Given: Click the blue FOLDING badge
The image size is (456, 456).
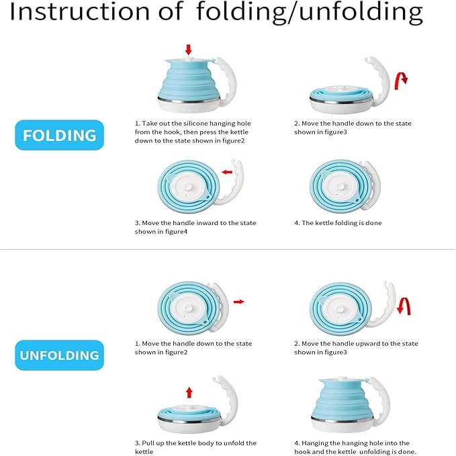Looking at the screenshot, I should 59,135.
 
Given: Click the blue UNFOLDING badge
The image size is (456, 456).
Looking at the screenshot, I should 60,355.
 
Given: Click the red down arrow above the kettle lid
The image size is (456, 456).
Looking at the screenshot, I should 189,49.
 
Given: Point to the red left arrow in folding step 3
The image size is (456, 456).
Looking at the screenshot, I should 227,172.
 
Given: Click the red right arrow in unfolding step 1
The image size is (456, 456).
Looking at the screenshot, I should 238,302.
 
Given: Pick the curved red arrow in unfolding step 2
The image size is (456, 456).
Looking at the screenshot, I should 404,306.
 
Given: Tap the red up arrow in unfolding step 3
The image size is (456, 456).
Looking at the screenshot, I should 189,392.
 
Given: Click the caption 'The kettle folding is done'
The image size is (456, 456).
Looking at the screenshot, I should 338,223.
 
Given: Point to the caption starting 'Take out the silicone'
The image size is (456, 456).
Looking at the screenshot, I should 191,132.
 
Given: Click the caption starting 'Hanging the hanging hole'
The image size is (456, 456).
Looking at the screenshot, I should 355,447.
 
